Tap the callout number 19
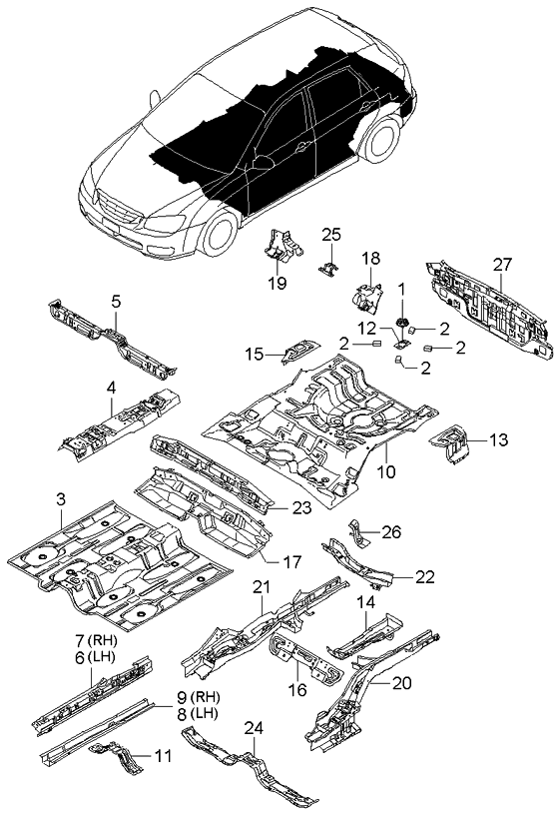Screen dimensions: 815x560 [278, 284]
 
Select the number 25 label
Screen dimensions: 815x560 [331, 235]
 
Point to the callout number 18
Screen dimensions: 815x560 [370, 259]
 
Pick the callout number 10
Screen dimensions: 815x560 [386, 471]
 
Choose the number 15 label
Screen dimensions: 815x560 [255, 353]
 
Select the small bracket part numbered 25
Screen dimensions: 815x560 [328, 267]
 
